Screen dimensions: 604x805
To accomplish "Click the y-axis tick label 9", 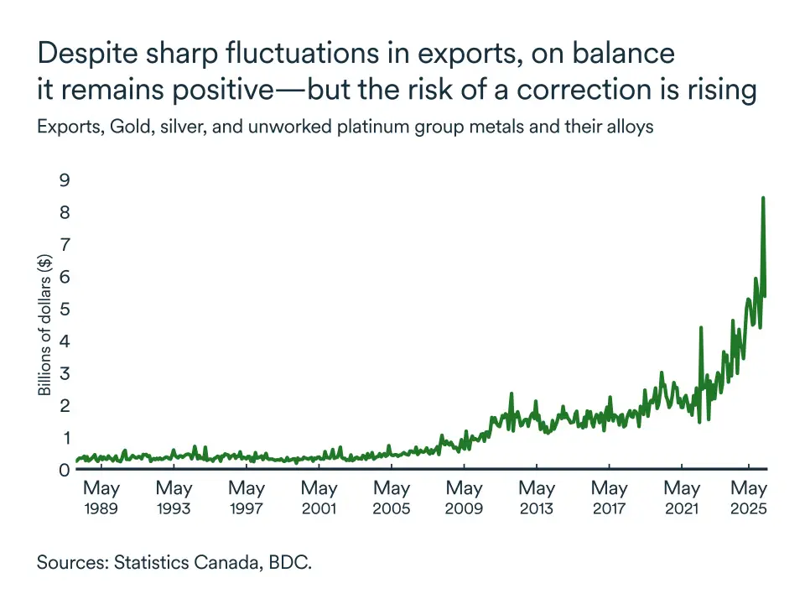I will point(65,180).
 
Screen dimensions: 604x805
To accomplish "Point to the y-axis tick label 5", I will point(65,309).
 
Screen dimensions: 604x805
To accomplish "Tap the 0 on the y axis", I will point(65,470).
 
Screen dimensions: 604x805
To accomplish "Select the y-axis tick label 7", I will point(65,244).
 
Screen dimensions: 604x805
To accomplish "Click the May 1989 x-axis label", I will point(101,497).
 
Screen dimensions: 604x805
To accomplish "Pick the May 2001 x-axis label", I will point(319,497).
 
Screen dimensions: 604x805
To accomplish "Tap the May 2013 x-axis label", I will point(537,497).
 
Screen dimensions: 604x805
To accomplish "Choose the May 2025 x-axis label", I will point(750,497).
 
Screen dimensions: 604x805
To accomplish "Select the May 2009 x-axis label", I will point(464,497).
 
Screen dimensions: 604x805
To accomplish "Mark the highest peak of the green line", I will point(763,198).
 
